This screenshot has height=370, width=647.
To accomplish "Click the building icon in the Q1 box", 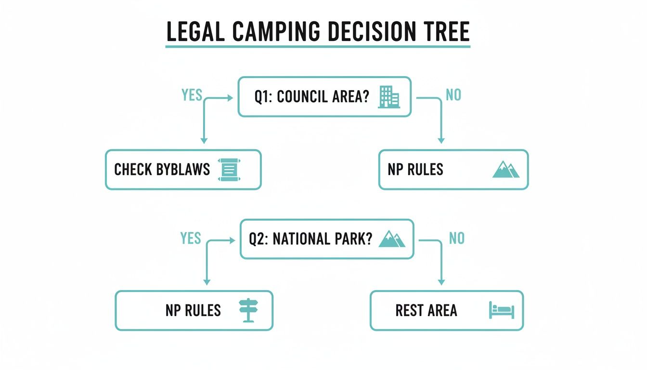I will pos(389,97).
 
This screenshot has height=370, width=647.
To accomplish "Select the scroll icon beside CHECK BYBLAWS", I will pos(229,170).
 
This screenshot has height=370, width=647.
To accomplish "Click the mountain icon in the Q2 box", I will pos(392,239).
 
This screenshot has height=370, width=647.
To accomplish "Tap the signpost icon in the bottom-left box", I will pos(249,310).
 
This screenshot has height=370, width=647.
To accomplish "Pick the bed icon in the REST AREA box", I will pos(502,310).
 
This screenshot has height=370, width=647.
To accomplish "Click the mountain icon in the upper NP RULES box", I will pos(506,170).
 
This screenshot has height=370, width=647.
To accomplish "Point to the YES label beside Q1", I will pos(192,95).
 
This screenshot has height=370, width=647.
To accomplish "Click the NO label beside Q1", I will pos(453,95).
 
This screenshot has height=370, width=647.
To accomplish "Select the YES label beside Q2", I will pos(191,238).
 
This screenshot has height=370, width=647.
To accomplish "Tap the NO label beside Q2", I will pos(456,238).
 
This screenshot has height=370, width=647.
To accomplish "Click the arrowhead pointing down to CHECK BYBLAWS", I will pos(204,140).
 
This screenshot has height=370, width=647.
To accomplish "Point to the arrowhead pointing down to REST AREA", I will pos(441,282).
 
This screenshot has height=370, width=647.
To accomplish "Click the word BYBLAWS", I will pos(183,170).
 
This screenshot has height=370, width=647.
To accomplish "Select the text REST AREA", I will pos(426,310).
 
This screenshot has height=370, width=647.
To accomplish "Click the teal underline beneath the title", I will pos(318,47).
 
